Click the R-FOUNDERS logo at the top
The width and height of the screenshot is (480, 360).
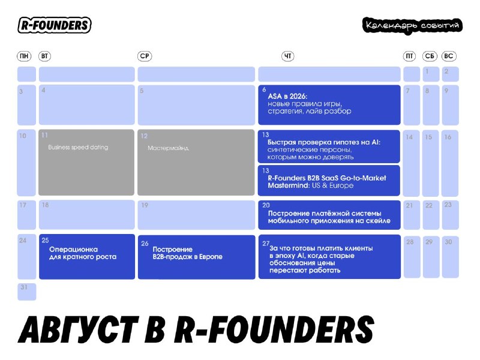point(55,25)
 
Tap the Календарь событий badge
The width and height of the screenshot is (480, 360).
point(412,25)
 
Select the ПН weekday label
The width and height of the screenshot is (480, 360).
point(24,56)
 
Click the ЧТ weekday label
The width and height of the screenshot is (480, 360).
point(288,56)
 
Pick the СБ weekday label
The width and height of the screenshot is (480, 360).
point(430,56)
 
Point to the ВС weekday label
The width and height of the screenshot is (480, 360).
point(448,56)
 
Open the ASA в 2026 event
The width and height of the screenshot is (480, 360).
point(329,105)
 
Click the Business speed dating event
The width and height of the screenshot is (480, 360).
point(86,162)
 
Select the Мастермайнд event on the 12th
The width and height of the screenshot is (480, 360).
point(196,162)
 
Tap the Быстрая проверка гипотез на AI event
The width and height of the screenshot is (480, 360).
point(329,146)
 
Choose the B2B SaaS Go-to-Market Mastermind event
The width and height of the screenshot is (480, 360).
point(329,181)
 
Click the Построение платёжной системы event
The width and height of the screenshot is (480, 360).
point(329,215)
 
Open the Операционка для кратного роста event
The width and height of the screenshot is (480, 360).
point(87,257)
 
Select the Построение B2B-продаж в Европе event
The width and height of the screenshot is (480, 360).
point(197,257)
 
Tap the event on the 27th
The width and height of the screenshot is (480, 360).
point(329,257)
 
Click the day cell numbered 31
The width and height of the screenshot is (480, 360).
point(26,292)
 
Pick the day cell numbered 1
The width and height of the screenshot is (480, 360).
point(431,74)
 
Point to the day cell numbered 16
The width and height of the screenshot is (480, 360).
point(450,163)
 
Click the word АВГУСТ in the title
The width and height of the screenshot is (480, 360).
point(79,329)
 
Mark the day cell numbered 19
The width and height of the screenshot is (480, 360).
point(196,215)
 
